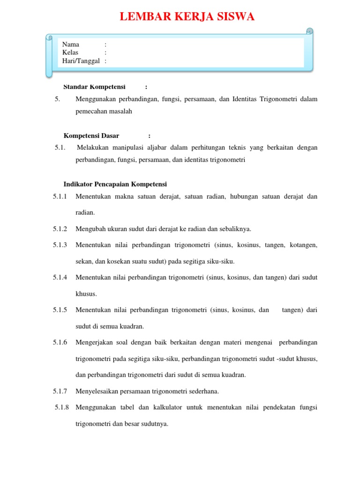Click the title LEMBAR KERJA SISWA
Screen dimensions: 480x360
click(x=187, y=17)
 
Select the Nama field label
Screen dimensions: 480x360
click(x=71, y=45)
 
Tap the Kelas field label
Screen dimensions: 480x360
click(x=70, y=52)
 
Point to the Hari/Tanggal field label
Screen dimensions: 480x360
click(x=81, y=61)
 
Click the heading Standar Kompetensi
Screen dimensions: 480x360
click(x=94, y=87)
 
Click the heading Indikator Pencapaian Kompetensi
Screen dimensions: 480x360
click(x=115, y=184)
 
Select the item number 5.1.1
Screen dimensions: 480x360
click(x=60, y=196)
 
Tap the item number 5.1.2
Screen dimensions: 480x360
click(x=60, y=229)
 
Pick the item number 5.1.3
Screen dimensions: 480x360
click(x=60, y=245)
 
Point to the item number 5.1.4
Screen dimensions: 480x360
click(x=60, y=277)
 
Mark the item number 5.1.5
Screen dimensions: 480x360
click(x=60, y=310)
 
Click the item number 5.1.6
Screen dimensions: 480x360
click(x=60, y=342)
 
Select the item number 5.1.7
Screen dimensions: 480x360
click(x=60, y=391)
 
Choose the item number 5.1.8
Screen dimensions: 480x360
click(x=61, y=407)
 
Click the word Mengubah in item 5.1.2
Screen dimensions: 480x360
click(x=90, y=229)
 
